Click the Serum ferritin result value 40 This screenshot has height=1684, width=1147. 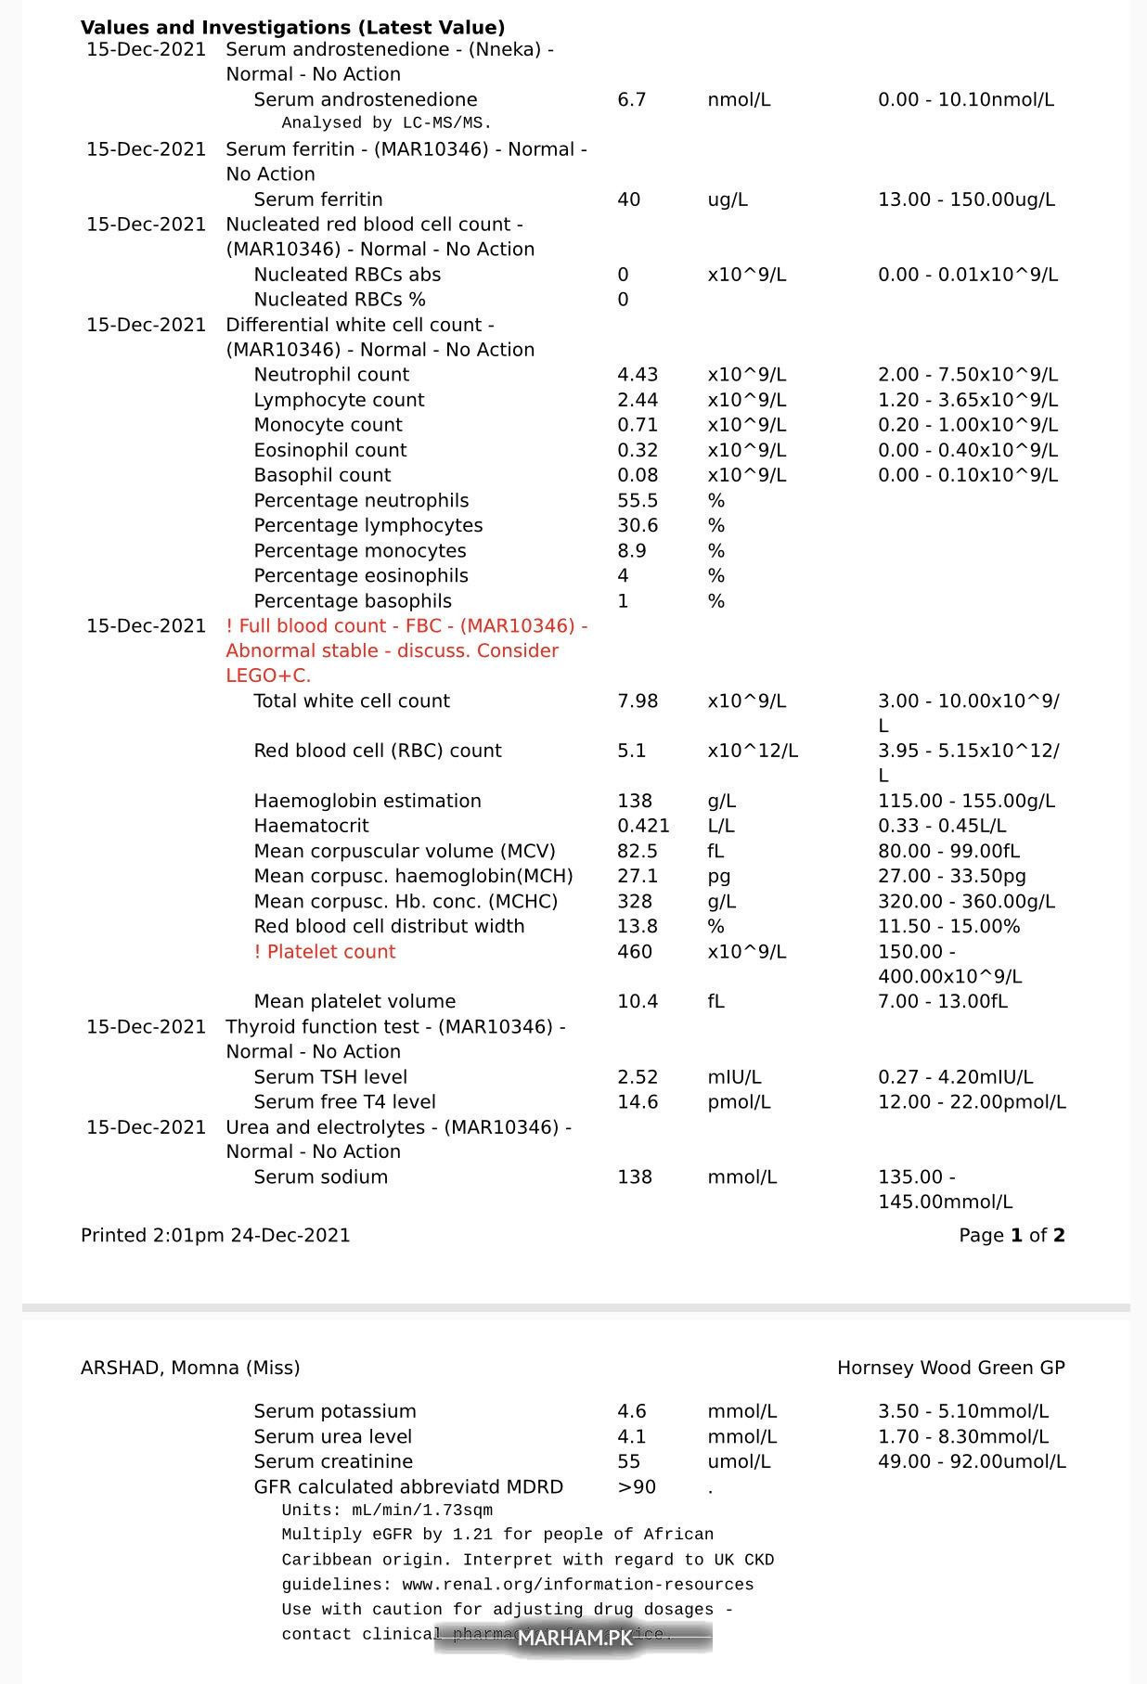[x=628, y=199]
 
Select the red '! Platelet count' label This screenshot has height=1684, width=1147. [x=325, y=952]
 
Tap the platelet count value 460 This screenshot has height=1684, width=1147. [x=635, y=952]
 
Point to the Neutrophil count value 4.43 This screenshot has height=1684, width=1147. [x=638, y=375]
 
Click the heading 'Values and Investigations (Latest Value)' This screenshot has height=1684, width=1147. [x=292, y=28]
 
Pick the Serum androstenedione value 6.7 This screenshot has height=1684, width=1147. [x=631, y=99]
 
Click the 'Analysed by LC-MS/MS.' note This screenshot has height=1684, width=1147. [x=386, y=122]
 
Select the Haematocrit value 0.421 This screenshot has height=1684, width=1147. [x=643, y=826]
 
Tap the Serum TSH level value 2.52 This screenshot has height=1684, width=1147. [x=638, y=1077]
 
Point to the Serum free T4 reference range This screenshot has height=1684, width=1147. [x=972, y=1102]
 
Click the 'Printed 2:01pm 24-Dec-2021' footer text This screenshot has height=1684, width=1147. [x=215, y=1236]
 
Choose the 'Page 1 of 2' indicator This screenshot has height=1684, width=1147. [x=1012, y=1236]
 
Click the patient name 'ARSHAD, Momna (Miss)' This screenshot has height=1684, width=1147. [x=190, y=1368]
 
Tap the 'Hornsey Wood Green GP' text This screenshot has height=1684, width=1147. [x=950, y=1368]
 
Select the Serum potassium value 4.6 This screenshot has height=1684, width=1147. [x=631, y=1411]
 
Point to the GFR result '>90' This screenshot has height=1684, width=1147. [x=637, y=1487]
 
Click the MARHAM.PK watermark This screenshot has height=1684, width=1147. [x=573, y=1639]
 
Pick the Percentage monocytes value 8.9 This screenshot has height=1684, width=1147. [x=631, y=551]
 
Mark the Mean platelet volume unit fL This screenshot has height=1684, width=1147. [x=715, y=1002]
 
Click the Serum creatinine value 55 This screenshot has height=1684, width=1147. [x=628, y=1461]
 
